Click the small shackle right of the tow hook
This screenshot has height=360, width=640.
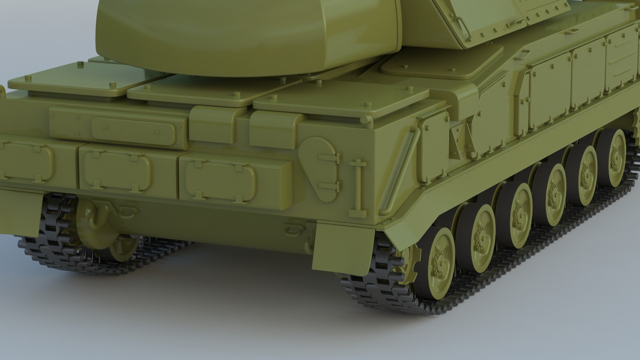(128, 210)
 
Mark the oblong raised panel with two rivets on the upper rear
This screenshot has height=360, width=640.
(133, 129)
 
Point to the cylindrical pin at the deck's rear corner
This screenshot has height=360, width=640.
(364, 119)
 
